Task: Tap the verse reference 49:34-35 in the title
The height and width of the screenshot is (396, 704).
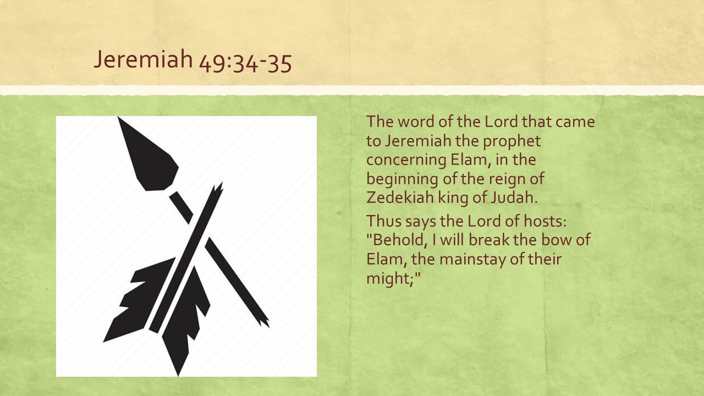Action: pyautogui.click(x=245, y=63)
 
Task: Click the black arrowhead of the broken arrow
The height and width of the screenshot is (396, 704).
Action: pyautogui.click(x=148, y=153)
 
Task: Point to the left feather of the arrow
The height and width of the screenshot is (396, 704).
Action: pyautogui.click(x=139, y=300)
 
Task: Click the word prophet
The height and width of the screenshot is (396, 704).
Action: pyautogui.click(x=512, y=141)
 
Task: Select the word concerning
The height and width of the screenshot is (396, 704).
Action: pyautogui.click(x=406, y=161)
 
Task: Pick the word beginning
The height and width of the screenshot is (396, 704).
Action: pyautogui.click(x=402, y=179)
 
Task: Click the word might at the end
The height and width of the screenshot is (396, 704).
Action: pyautogui.click(x=390, y=279)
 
